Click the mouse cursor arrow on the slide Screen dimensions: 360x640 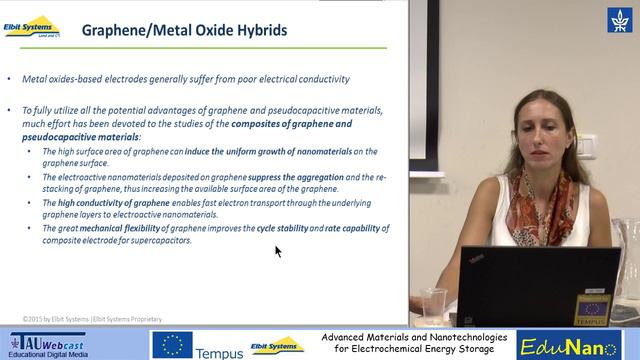pyautogui.click(x=278, y=251)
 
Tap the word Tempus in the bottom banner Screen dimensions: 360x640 pyautogui.click(x=219, y=352)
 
